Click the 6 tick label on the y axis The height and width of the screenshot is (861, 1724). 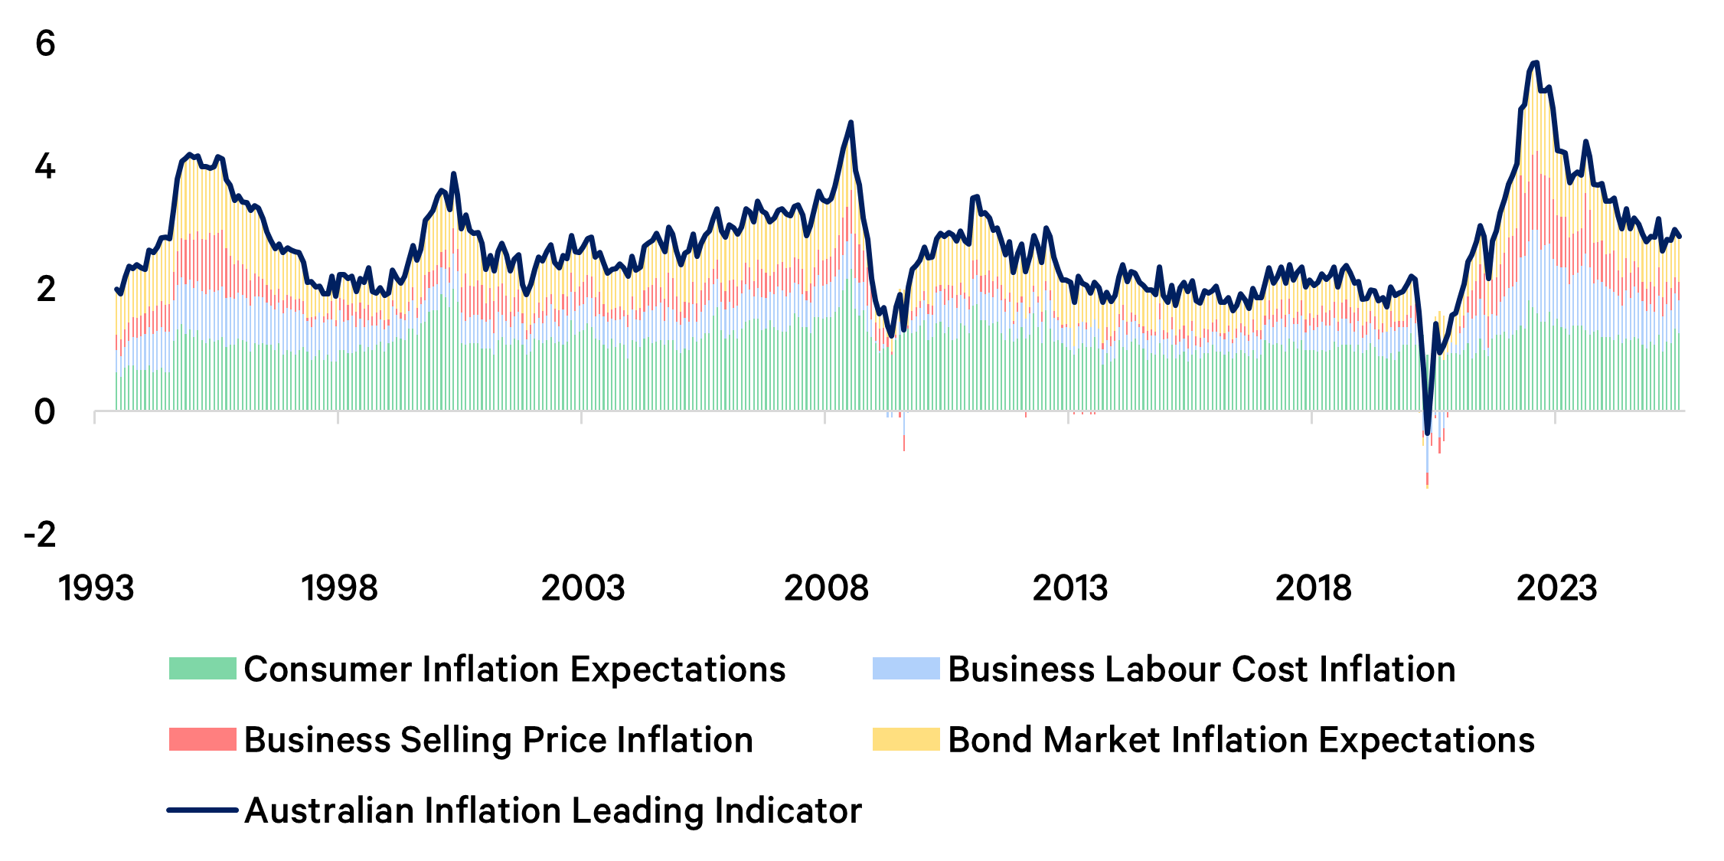[45, 44]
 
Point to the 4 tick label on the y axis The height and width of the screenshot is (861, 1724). [45, 166]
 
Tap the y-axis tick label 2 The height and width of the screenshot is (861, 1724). [45, 290]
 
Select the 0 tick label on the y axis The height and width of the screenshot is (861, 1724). [45, 412]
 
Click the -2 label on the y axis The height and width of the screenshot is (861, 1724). [40, 535]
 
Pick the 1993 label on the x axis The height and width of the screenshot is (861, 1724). [96, 588]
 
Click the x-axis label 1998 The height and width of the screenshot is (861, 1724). [339, 588]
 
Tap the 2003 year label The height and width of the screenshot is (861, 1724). [583, 588]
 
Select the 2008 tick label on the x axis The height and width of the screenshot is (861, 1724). [826, 588]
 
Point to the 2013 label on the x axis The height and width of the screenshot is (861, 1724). [1069, 588]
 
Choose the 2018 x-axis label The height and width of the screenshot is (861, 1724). [1313, 588]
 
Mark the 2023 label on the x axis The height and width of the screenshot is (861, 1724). [1556, 588]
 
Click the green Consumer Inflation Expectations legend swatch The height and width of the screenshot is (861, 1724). [202, 669]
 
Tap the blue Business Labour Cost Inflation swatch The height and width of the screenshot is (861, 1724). [906, 669]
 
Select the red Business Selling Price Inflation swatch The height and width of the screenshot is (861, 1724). [202, 739]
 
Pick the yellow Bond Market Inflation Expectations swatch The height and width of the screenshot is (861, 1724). [906, 739]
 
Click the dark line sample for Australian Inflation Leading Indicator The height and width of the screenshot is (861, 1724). [202, 810]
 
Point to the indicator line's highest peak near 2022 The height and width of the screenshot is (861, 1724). [1535, 63]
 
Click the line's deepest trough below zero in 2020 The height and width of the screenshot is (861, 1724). [1427, 434]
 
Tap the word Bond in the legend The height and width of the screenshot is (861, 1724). [990, 740]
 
